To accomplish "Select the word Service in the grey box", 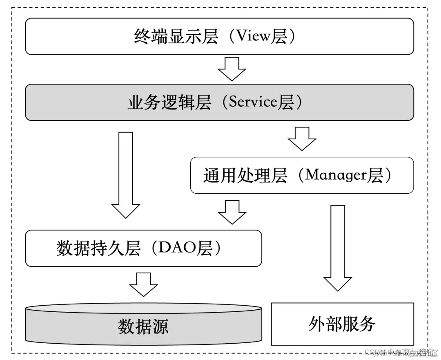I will pos(253,102).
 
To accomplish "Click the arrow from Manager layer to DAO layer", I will pos(232,211).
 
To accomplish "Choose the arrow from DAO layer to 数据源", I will pos(143,284).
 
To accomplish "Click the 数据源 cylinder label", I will pos(143,327).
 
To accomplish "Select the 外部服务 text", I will pos(342,324).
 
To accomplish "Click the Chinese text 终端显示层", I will pos(176,37).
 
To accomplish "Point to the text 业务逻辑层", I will pos(169,103).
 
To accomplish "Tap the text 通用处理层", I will pos(245,176).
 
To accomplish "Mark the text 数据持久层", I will pos(98,248).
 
